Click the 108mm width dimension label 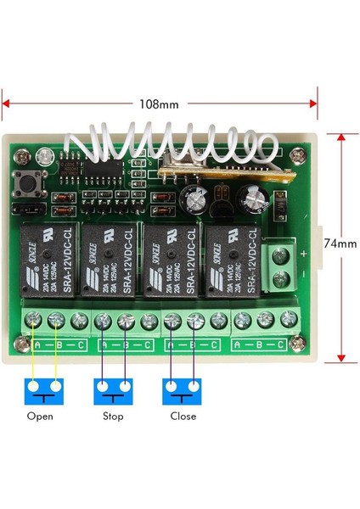pyautogui.click(x=159, y=105)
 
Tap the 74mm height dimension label pyautogui.click(x=340, y=242)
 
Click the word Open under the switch pyautogui.click(x=40, y=416)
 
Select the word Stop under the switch pyautogui.click(x=112, y=416)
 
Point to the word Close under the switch pyautogui.click(x=183, y=416)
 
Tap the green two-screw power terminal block pyautogui.click(x=286, y=265)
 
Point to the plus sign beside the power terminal pyautogui.click(x=303, y=253)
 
